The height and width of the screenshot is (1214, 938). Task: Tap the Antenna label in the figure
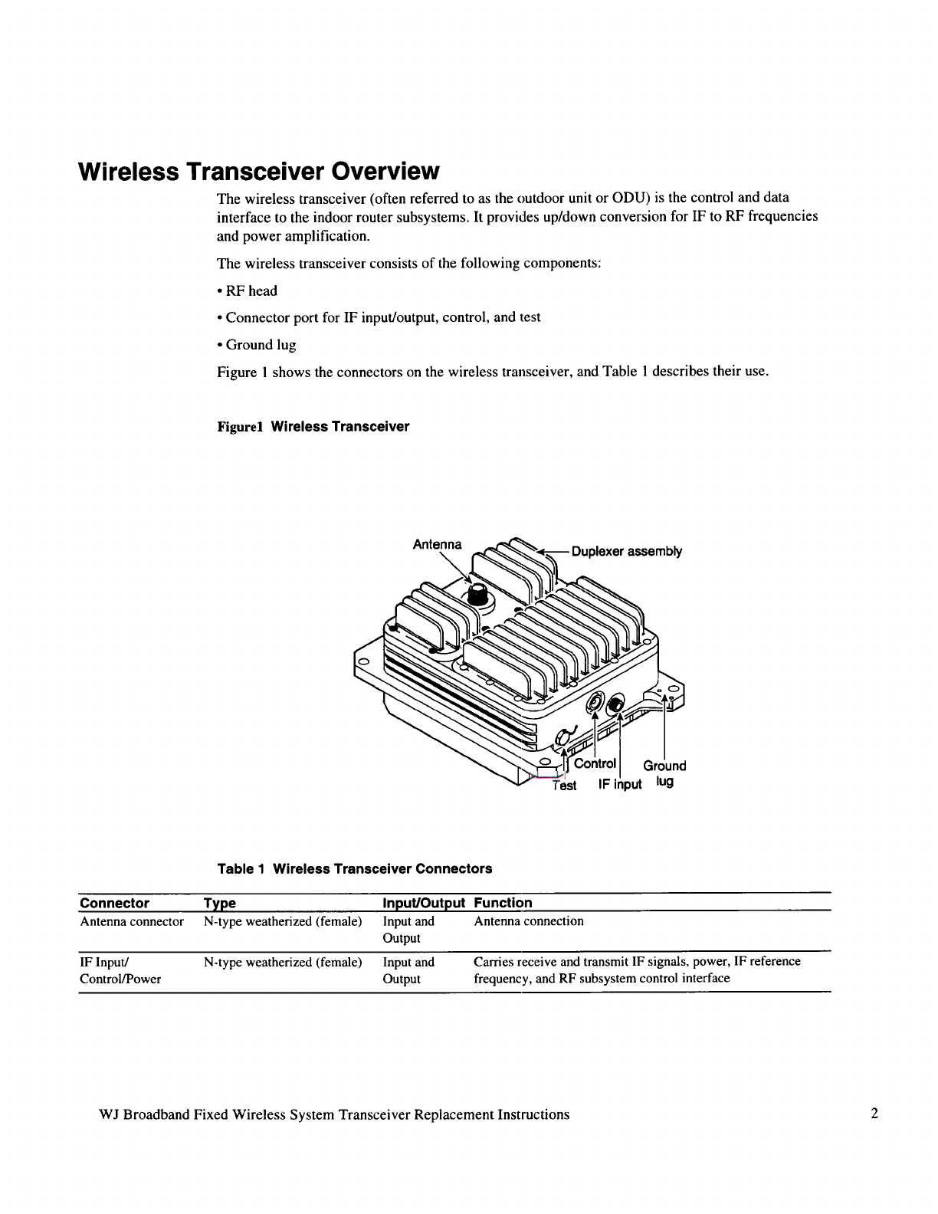click(437, 544)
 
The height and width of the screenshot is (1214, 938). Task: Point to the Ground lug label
click(664, 773)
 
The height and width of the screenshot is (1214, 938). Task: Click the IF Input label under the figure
click(620, 784)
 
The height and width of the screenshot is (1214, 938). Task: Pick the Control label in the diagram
click(595, 763)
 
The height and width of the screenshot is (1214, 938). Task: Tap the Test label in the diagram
click(565, 786)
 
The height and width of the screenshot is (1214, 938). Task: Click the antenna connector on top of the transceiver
click(477, 592)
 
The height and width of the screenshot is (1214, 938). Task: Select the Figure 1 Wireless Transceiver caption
click(313, 427)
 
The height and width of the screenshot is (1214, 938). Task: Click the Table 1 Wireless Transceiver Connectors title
click(355, 868)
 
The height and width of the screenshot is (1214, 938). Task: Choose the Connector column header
click(115, 903)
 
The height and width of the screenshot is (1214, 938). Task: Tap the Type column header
click(219, 904)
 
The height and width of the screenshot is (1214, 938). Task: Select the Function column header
click(503, 903)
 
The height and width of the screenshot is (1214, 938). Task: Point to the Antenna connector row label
click(132, 921)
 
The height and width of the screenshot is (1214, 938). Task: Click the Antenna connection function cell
click(529, 921)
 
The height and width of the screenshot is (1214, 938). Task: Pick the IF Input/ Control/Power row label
click(120, 970)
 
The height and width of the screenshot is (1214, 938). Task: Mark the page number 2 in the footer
click(874, 1114)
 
